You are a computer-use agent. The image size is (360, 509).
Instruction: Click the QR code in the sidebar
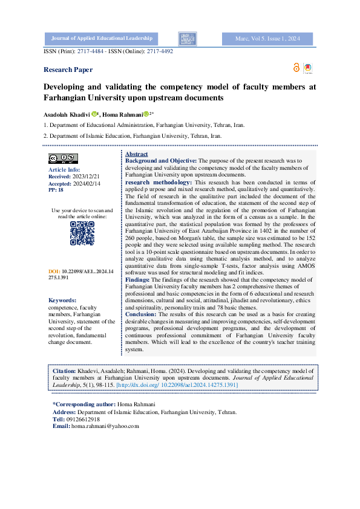(x=82, y=233)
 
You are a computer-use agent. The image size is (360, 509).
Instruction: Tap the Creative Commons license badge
(x=62, y=158)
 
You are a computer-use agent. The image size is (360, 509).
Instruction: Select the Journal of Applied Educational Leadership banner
(x=102, y=39)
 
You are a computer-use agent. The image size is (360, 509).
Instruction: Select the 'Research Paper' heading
(x=68, y=70)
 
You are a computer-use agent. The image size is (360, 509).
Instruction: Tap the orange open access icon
(x=296, y=67)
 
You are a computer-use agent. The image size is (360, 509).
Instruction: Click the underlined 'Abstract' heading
(x=136, y=155)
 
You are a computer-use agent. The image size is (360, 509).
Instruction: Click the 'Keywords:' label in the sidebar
(x=62, y=300)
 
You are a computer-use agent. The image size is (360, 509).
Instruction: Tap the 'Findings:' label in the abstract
(x=138, y=280)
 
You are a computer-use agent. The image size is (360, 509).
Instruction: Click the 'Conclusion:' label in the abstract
(x=142, y=314)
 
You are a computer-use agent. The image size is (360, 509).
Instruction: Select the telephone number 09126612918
(x=83, y=419)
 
